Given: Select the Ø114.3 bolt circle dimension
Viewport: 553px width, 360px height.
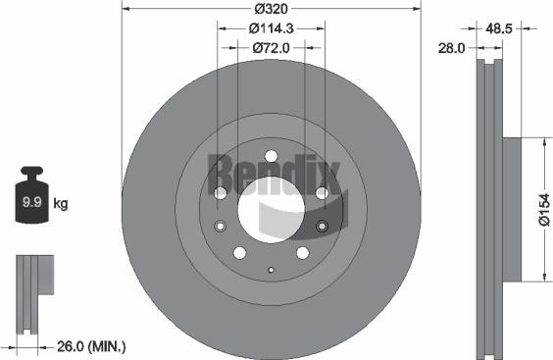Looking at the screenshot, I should [270, 29].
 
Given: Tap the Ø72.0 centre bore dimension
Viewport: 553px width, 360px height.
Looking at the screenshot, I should [270, 47].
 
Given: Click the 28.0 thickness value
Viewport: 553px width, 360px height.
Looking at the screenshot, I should [452, 47].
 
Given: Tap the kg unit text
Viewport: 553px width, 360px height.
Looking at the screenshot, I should [60, 204].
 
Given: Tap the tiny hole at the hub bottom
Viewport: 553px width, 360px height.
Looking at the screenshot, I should [270, 268].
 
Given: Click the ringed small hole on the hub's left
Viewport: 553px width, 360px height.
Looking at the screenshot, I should [220, 228].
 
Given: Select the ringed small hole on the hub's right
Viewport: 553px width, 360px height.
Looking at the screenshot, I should [322, 228].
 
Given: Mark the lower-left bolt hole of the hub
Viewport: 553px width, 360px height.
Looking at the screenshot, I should [239, 253].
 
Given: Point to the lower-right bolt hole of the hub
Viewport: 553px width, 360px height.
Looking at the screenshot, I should [301, 253].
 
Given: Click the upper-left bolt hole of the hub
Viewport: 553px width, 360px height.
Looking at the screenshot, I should [220, 192].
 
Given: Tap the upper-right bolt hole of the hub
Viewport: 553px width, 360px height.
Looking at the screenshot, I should [322, 192].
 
